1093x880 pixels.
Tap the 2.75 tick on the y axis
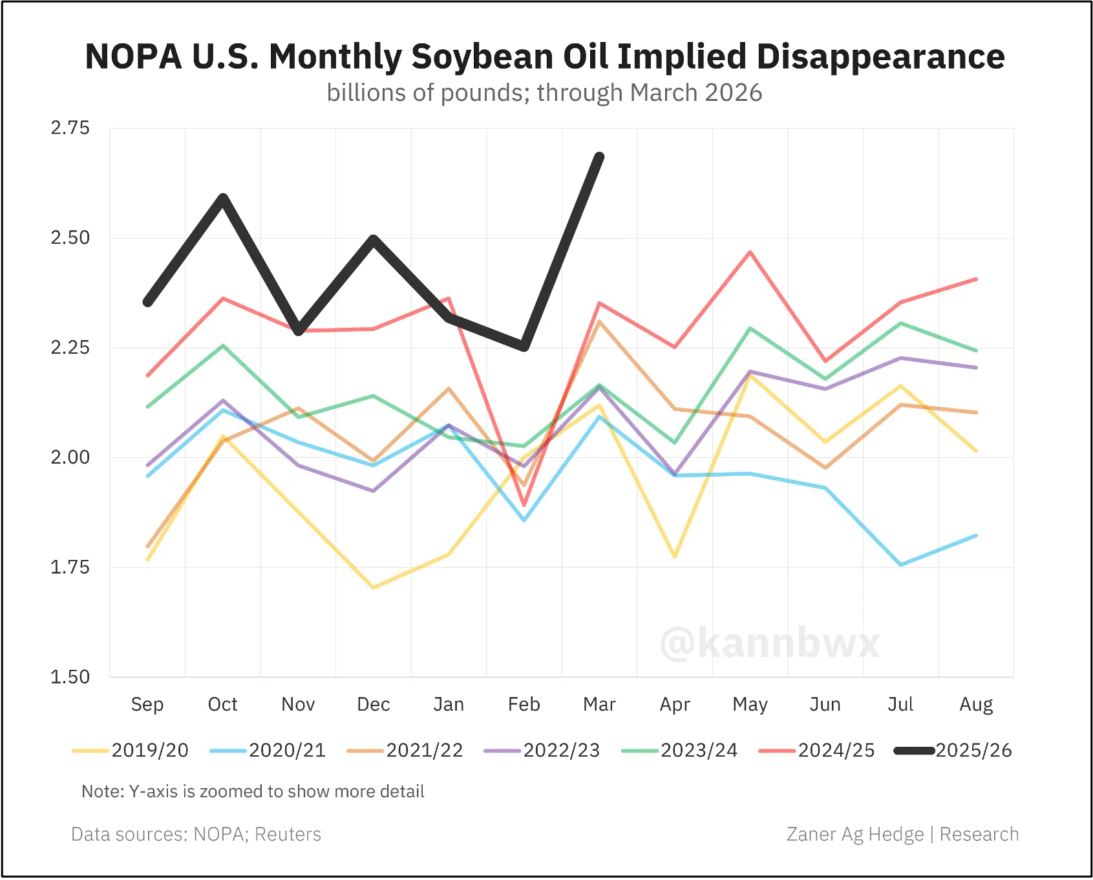[x=70, y=128]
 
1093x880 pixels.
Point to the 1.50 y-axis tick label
[x=70, y=677]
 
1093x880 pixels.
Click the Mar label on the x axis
[x=599, y=704]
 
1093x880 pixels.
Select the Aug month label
[x=976, y=704]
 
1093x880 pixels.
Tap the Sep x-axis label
[x=147, y=704]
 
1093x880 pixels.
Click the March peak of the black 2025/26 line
[x=600, y=156]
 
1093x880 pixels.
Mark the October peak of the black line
[x=223, y=197]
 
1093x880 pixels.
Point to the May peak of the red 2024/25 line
[x=750, y=252]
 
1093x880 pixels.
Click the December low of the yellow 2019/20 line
[x=374, y=587]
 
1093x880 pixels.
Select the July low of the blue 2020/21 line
[x=901, y=564]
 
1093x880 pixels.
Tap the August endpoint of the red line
[x=976, y=279]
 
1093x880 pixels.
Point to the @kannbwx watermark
[x=769, y=643]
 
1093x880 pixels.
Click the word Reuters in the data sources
[x=288, y=834]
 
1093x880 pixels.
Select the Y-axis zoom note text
[x=253, y=791]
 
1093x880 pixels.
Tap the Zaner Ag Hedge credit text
[x=854, y=834]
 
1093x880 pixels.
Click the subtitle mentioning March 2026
[x=544, y=93]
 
